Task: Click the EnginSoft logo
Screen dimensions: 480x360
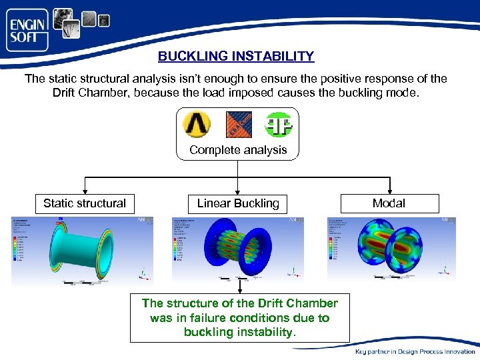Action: pyautogui.click(x=28, y=30)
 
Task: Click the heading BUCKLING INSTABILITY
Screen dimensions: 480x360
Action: pyautogui.click(x=235, y=57)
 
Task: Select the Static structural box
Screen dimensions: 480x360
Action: pyautogui.click(x=84, y=203)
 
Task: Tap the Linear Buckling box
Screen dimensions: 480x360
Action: pyautogui.click(x=238, y=203)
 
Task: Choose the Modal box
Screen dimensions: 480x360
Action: pyautogui.click(x=389, y=203)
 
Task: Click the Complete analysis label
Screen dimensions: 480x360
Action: pyautogui.click(x=238, y=150)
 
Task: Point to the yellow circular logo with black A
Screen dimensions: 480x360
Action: pyautogui.click(x=197, y=124)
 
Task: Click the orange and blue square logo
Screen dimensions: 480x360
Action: pyautogui.click(x=238, y=125)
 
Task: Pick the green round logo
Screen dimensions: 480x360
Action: pyautogui.click(x=278, y=125)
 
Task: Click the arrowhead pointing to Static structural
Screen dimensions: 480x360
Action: pyautogui.click(x=84, y=191)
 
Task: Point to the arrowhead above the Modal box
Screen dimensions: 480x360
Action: pyautogui.click(x=389, y=191)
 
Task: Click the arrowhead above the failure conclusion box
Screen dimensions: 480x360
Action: pyautogui.click(x=238, y=291)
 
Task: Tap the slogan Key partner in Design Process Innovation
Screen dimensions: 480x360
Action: pyautogui.click(x=415, y=351)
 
